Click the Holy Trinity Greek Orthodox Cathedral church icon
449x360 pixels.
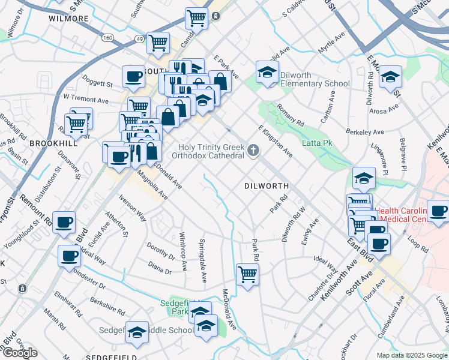pyautogui.click(x=253, y=150)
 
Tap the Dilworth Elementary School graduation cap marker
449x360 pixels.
pyautogui.click(x=265, y=73)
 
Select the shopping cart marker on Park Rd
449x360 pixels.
pyautogui.click(x=247, y=275)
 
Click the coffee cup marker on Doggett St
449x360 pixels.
pyautogui.click(x=133, y=77)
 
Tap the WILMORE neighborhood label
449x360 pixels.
pyautogui.click(x=68, y=19)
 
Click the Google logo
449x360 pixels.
pyautogui.click(x=20, y=353)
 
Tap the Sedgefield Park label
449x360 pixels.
pyautogui.click(x=175, y=307)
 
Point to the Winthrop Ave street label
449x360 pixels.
pyautogui.click(x=184, y=252)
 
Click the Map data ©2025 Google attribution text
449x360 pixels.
pyautogui.click(x=411, y=355)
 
